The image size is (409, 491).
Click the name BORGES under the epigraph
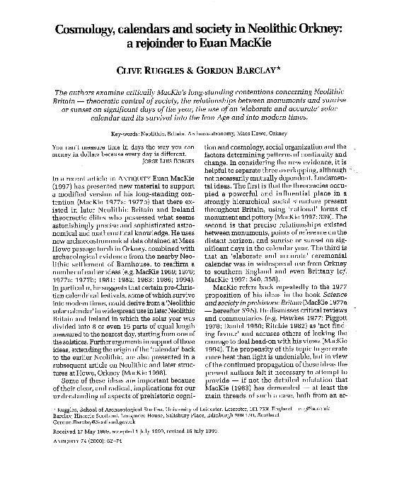177,160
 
